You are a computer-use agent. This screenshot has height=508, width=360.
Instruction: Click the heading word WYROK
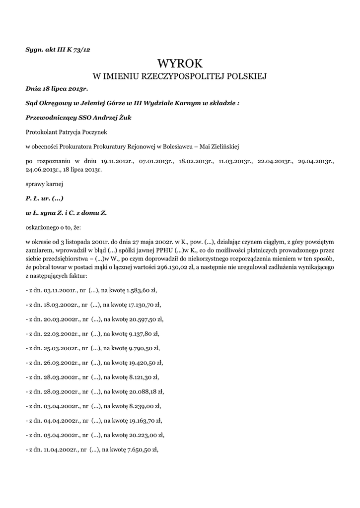180,63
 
